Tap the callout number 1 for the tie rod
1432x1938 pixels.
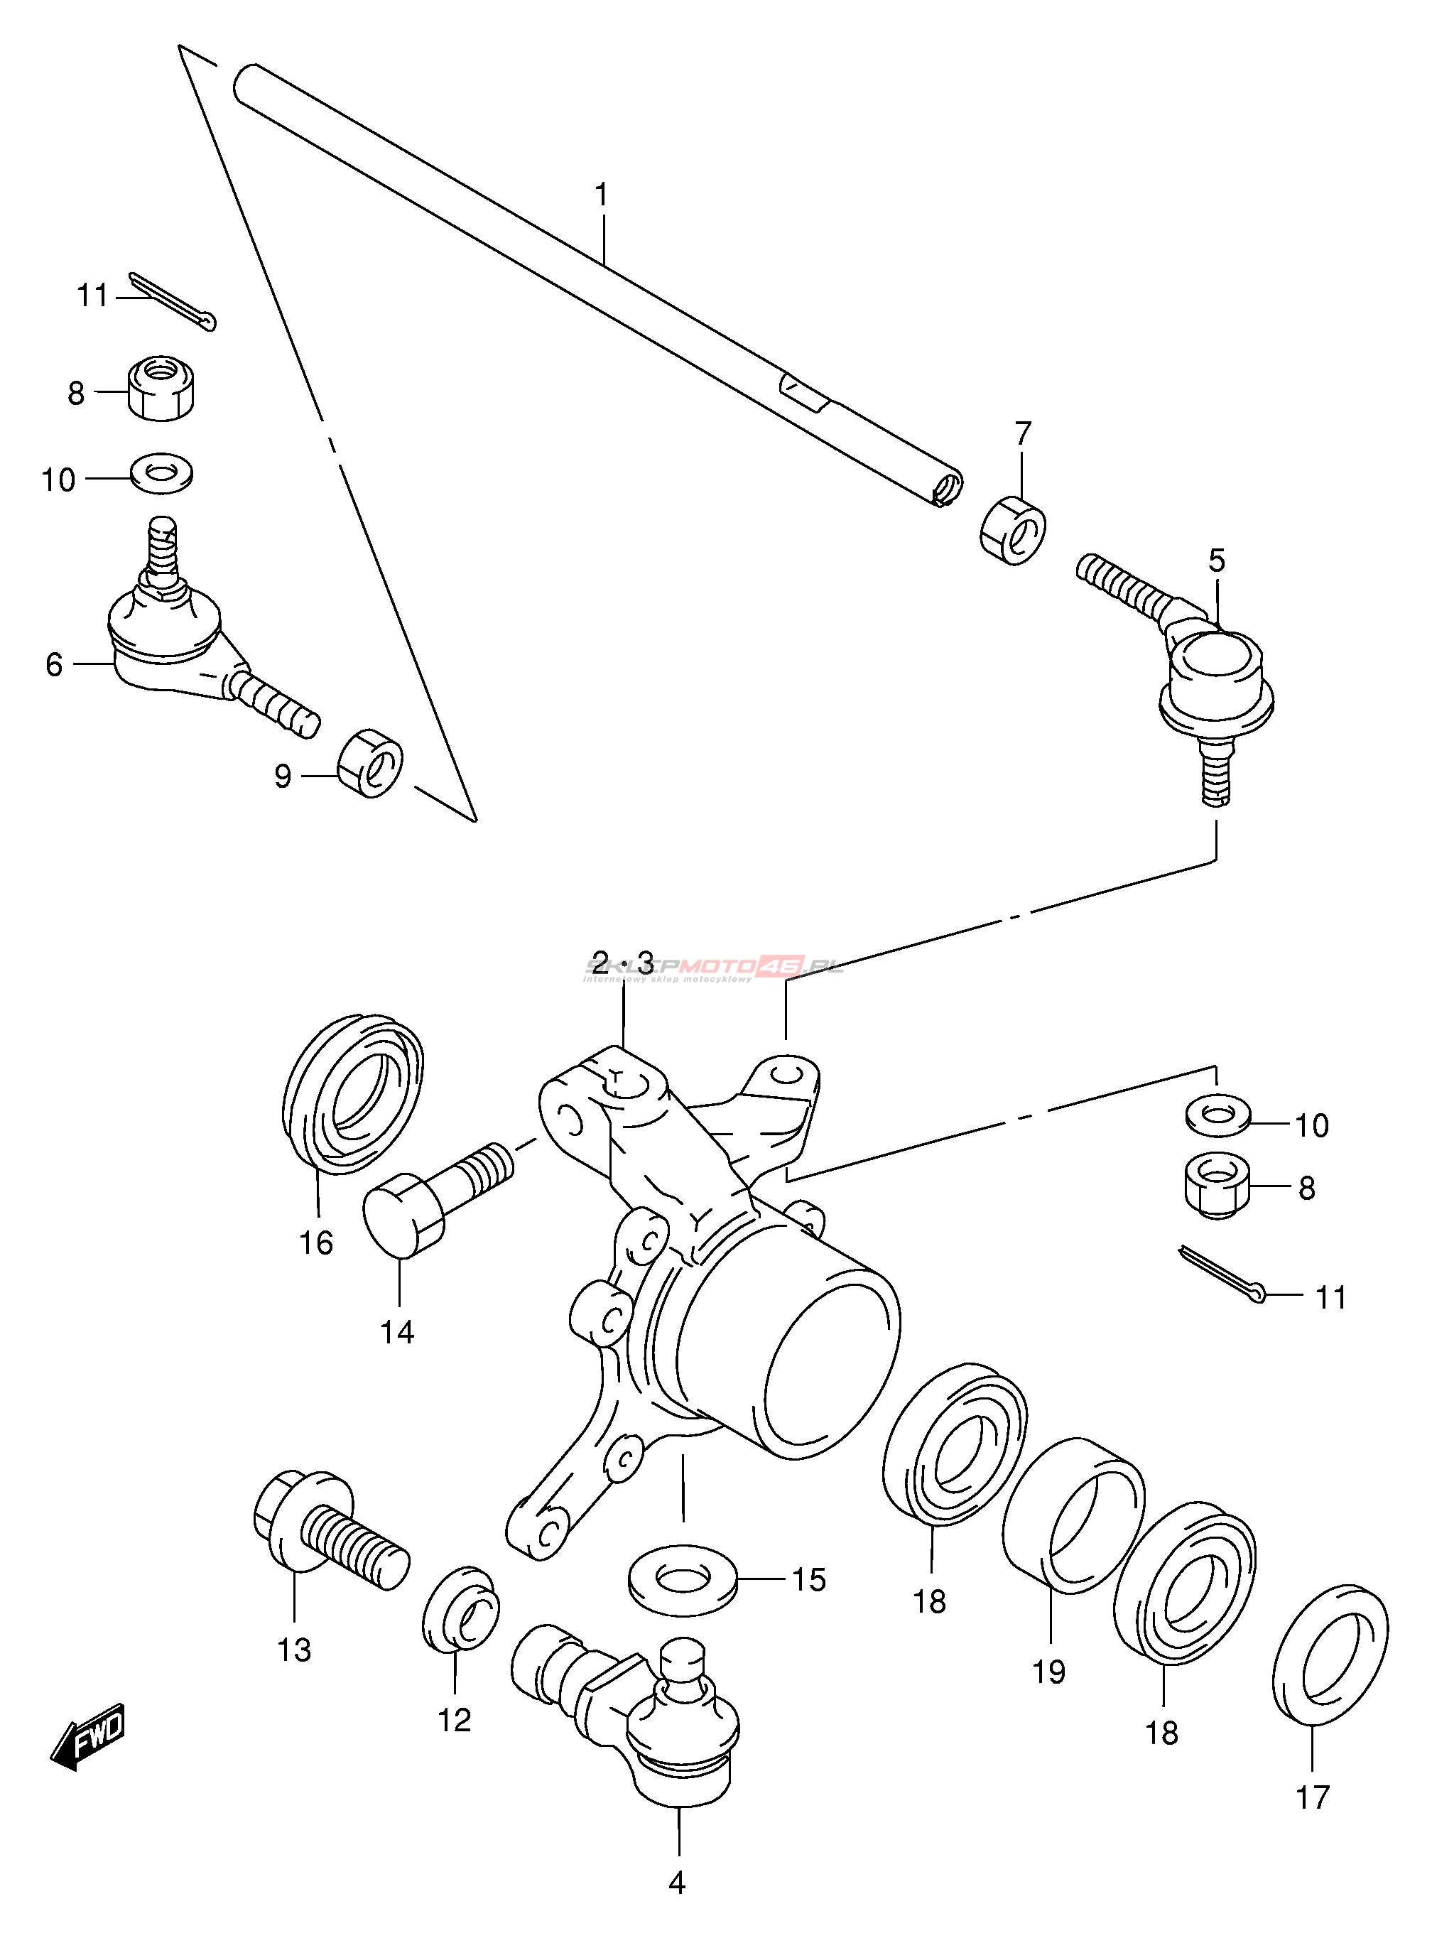602,196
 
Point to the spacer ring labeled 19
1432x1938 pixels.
1073,1517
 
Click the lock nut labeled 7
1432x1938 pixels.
1014,529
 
